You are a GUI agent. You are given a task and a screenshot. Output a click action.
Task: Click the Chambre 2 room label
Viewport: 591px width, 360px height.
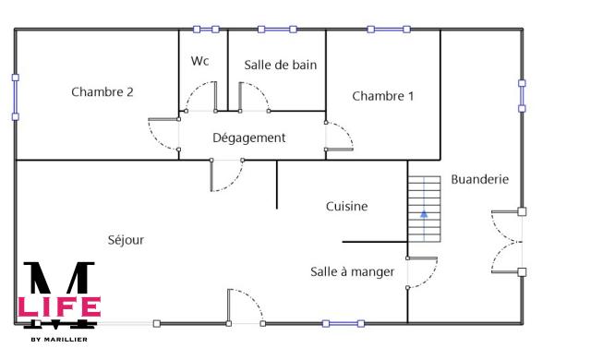click(x=103, y=91)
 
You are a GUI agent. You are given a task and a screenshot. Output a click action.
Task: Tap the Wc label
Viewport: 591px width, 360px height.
click(x=200, y=61)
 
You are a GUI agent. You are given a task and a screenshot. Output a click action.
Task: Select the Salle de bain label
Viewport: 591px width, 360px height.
click(x=281, y=65)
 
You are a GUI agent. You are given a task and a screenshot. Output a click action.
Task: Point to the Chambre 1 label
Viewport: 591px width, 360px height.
click(x=382, y=96)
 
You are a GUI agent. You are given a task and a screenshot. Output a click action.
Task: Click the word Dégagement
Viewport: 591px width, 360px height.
click(x=249, y=138)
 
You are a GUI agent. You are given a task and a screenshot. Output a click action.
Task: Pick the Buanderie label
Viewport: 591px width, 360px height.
click(x=479, y=179)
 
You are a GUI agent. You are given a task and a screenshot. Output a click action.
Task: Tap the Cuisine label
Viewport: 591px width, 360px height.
click(x=347, y=206)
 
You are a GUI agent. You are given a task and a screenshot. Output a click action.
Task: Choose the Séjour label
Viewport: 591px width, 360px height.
click(x=126, y=239)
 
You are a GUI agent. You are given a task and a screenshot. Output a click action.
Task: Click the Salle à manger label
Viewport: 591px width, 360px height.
click(x=352, y=271)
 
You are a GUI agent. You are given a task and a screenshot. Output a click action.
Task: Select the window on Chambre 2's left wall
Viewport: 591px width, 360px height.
click(x=15, y=97)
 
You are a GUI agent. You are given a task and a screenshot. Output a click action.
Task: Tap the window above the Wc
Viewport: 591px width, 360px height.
click(x=205, y=30)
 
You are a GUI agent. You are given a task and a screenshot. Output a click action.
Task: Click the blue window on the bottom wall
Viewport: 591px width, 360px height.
click(x=341, y=323)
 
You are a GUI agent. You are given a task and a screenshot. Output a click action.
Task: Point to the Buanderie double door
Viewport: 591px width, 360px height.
click(x=508, y=242)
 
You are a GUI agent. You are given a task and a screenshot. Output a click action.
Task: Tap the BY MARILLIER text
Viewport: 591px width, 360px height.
click(x=59, y=340)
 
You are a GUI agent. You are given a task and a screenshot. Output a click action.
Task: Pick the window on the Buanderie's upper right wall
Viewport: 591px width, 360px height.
click(x=522, y=96)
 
